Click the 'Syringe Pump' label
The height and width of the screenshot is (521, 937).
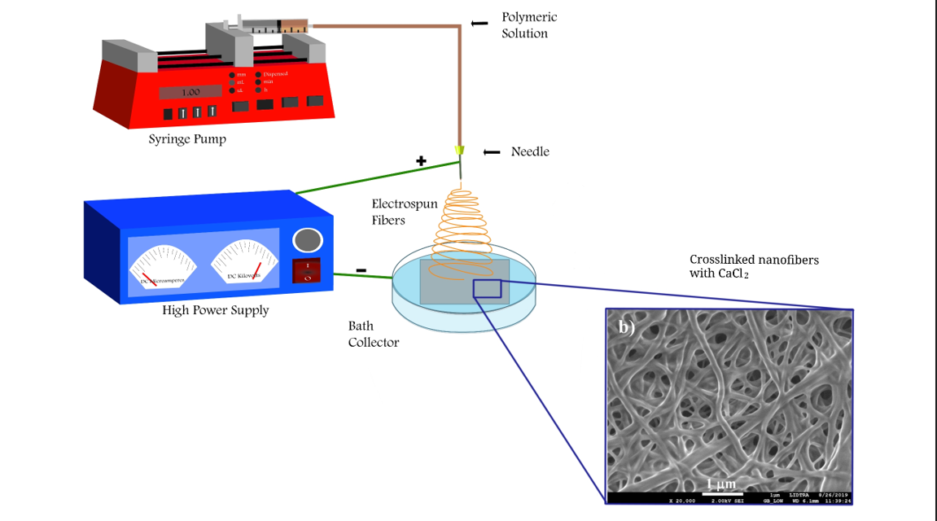[x=187, y=139]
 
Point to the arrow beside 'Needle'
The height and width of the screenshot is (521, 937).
[x=492, y=152]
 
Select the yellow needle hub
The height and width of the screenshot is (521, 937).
[x=460, y=151]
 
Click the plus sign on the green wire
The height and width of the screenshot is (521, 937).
[x=421, y=161]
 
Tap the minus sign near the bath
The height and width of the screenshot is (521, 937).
[x=361, y=270]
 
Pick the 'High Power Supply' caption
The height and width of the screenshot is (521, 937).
[x=215, y=309]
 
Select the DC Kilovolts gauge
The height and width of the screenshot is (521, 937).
[x=243, y=260]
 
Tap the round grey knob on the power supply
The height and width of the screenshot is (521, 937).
[x=307, y=240]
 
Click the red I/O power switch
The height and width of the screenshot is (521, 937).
[x=307, y=270]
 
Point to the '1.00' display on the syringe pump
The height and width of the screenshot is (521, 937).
[x=190, y=92]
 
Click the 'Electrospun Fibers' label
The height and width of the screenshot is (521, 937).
[x=405, y=212]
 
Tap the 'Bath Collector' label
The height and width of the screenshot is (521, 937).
[x=374, y=334]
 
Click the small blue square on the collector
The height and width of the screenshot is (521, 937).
[x=487, y=288]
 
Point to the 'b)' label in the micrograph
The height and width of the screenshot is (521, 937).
[x=626, y=328]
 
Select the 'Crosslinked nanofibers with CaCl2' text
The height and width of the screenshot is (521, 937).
[x=754, y=266]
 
